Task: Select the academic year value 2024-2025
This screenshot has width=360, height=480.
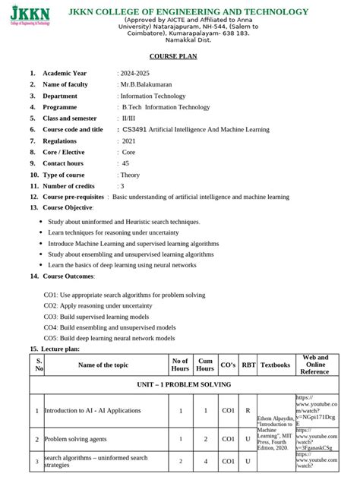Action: tap(137, 73)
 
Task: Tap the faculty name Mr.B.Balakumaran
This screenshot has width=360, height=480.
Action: tap(147, 84)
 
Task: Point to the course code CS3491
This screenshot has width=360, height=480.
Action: tap(137, 130)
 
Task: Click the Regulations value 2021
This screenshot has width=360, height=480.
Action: tap(129, 141)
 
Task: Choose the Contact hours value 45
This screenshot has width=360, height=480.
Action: tap(126, 163)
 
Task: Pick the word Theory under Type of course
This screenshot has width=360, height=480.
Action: tap(131, 175)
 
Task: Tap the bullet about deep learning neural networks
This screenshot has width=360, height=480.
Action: tap(122, 265)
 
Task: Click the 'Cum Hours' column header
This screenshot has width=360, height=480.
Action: tap(205, 365)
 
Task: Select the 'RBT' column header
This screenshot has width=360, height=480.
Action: tap(248, 365)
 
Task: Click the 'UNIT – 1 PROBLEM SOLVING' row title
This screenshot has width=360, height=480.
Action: tap(180, 385)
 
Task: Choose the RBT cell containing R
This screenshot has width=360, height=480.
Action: tap(248, 411)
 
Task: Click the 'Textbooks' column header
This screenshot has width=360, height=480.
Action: tap(276, 365)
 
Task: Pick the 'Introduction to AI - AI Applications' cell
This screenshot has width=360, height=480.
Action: tap(93, 411)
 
